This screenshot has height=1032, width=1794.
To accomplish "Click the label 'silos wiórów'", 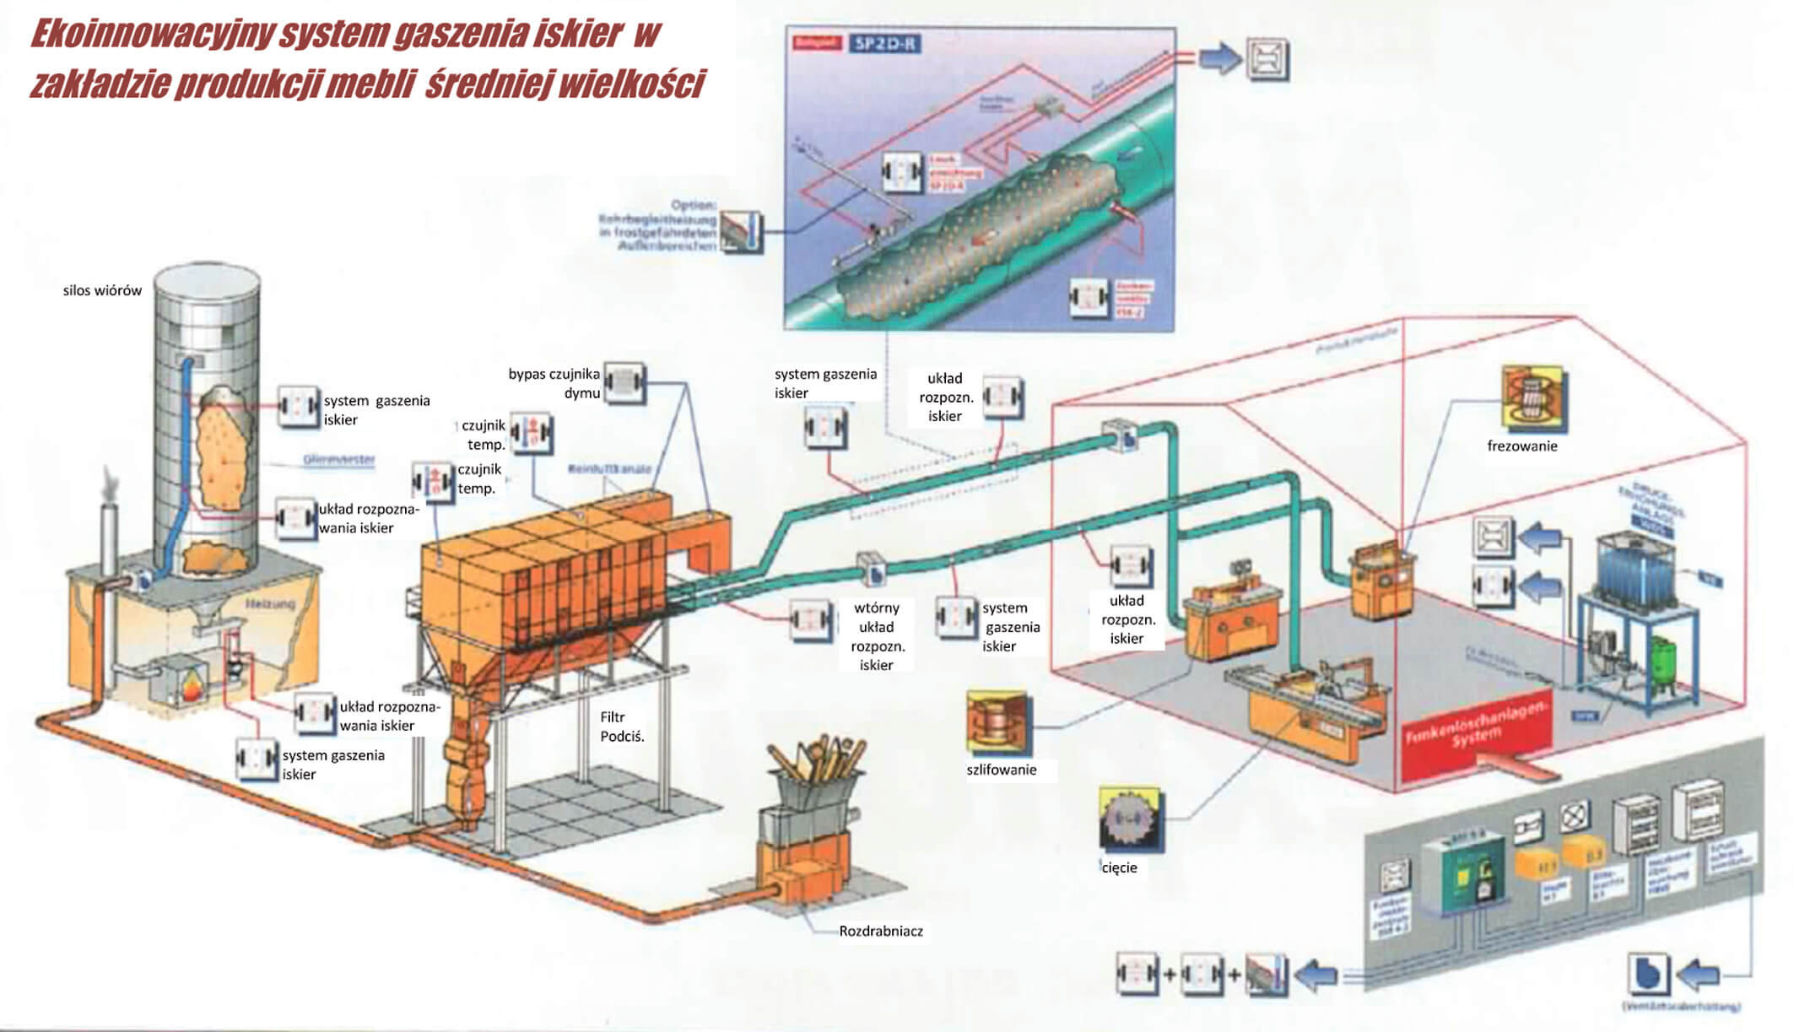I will pos(102,290).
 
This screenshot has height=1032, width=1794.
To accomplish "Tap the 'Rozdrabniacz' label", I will pos(880,931).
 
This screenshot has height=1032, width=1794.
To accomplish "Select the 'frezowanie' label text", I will pos(1521,446).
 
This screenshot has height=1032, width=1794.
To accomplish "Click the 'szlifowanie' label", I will pos(1001,770).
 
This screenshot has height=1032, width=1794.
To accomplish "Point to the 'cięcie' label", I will pos(1119,867).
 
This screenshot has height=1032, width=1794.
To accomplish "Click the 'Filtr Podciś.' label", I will pos(622,727).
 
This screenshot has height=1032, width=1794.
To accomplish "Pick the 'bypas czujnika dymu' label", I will pos(554,383).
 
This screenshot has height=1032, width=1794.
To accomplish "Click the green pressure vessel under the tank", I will pos(1663,662).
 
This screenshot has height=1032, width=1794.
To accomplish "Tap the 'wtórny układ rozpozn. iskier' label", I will pos(876,636).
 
